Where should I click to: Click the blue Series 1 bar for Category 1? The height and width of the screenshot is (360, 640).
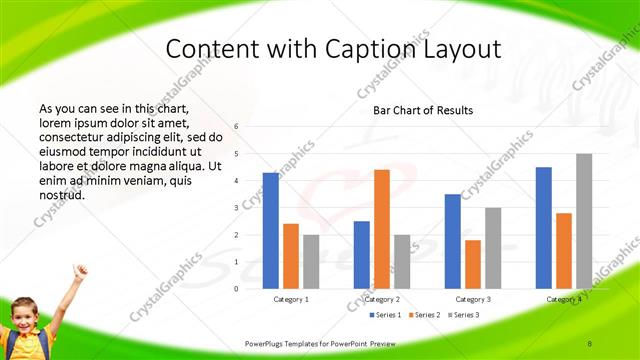[x=270, y=230]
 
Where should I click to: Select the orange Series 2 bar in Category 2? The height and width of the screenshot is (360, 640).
[x=381, y=229]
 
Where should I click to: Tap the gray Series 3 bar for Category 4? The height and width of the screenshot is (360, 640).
[x=584, y=221]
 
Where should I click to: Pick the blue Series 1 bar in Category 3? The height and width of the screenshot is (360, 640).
[x=452, y=241]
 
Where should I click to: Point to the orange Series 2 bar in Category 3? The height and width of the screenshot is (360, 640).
[x=472, y=264]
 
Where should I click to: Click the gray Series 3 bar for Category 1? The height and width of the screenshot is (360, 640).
[x=311, y=261]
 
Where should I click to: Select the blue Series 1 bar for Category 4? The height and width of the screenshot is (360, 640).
[x=543, y=228]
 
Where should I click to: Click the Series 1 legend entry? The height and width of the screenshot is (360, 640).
[x=386, y=315]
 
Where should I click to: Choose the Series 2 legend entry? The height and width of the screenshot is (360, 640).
[x=426, y=315]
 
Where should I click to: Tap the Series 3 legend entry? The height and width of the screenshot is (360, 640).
[x=465, y=315]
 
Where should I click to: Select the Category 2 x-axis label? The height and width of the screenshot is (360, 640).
[x=382, y=299]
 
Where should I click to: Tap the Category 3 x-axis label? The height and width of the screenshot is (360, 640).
[x=472, y=299]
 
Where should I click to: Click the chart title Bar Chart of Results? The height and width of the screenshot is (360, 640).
[x=423, y=110]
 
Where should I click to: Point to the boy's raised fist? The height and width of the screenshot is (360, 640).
[x=79, y=270]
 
